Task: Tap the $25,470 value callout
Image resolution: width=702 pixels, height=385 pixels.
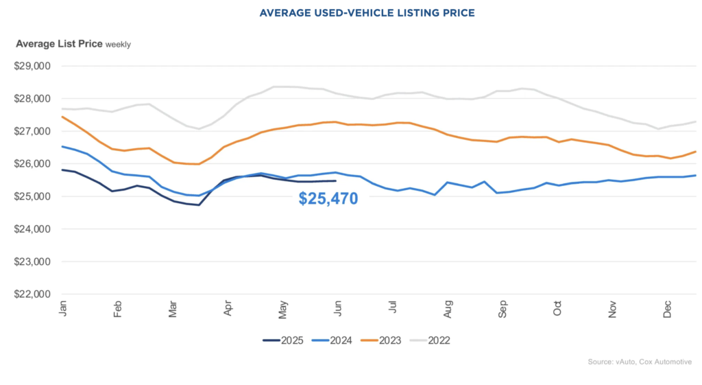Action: pyautogui.click(x=328, y=200)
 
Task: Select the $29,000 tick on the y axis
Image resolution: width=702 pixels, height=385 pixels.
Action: pyautogui.click(x=32, y=67)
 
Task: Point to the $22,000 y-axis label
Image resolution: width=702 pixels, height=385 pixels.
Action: pyautogui.click(x=32, y=294)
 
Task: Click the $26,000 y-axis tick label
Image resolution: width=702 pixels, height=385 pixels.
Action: pyautogui.click(x=32, y=164)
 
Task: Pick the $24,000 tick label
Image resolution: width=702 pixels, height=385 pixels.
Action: pyautogui.click(x=32, y=229)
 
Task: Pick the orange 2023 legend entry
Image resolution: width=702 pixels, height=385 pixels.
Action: pyautogui.click(x=383, y=340)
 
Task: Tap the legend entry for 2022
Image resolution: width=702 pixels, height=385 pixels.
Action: pyautogui.click(x=432, y=340)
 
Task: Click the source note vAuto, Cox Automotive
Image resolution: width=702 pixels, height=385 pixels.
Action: pyautogui.click(x=640, y=362)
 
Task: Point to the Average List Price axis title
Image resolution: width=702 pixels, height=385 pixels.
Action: pyautogui.click(x=59, y=44)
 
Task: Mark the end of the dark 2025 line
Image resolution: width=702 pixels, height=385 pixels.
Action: pyautogui.click(x=334, y=181)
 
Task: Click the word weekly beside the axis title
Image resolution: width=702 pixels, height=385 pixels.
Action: pyautogui.click(x=118, y=45)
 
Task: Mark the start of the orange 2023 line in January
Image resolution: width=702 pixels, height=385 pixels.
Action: pyautogui.click(x=62, y=117)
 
